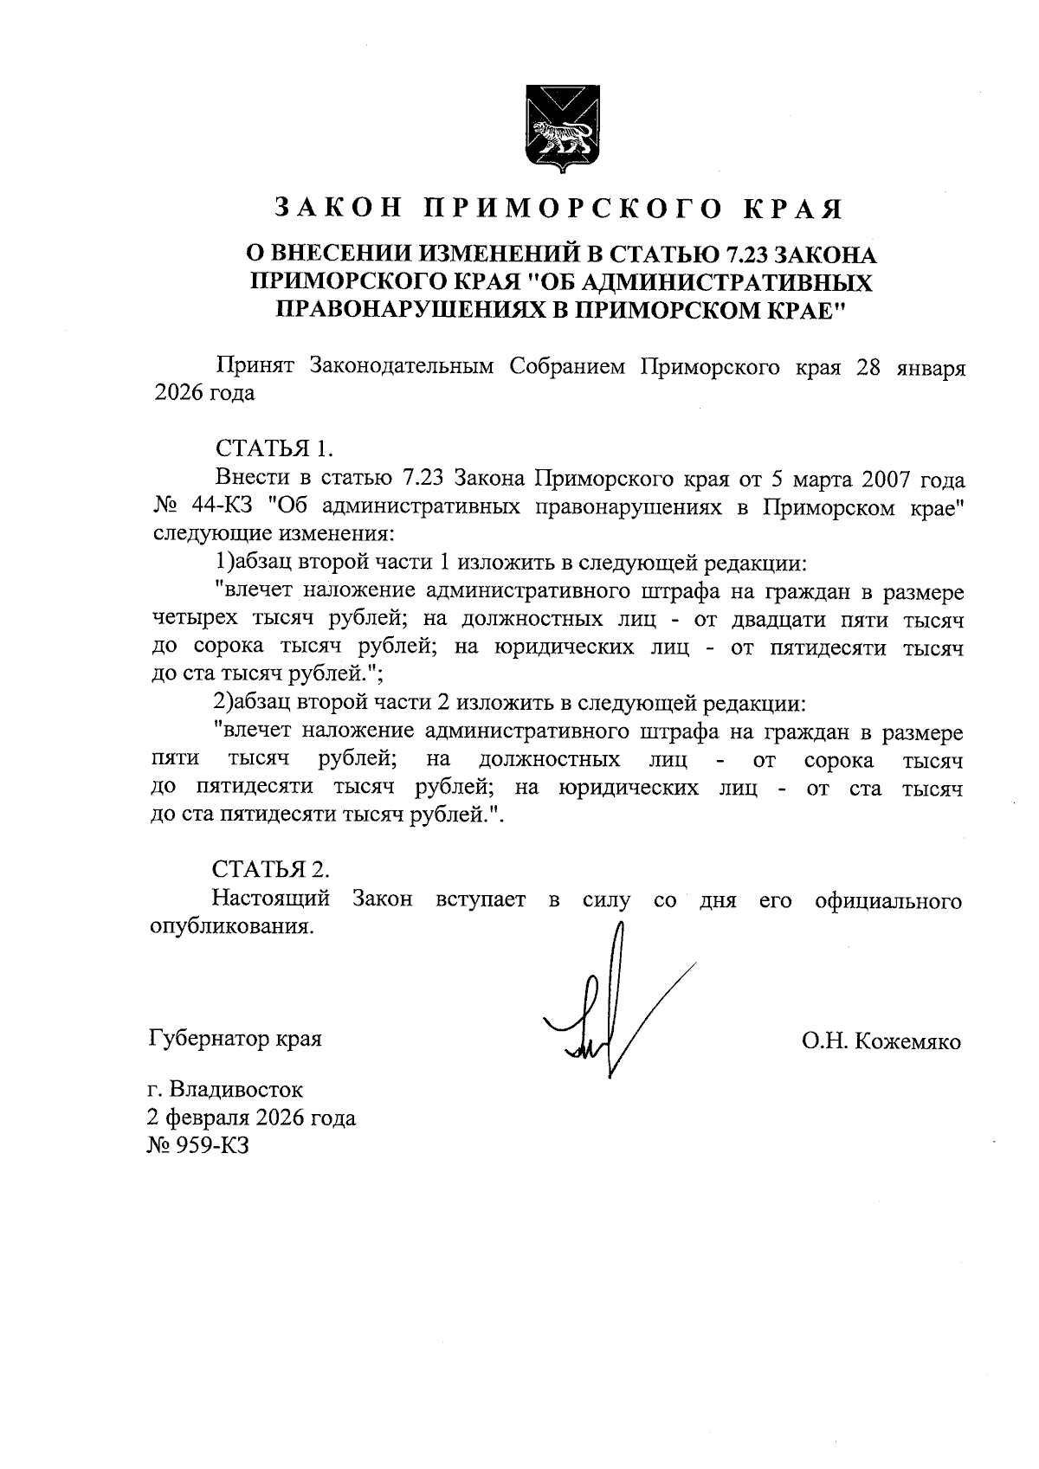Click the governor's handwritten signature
coord(606,1008)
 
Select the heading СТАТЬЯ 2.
coord(272,868)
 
